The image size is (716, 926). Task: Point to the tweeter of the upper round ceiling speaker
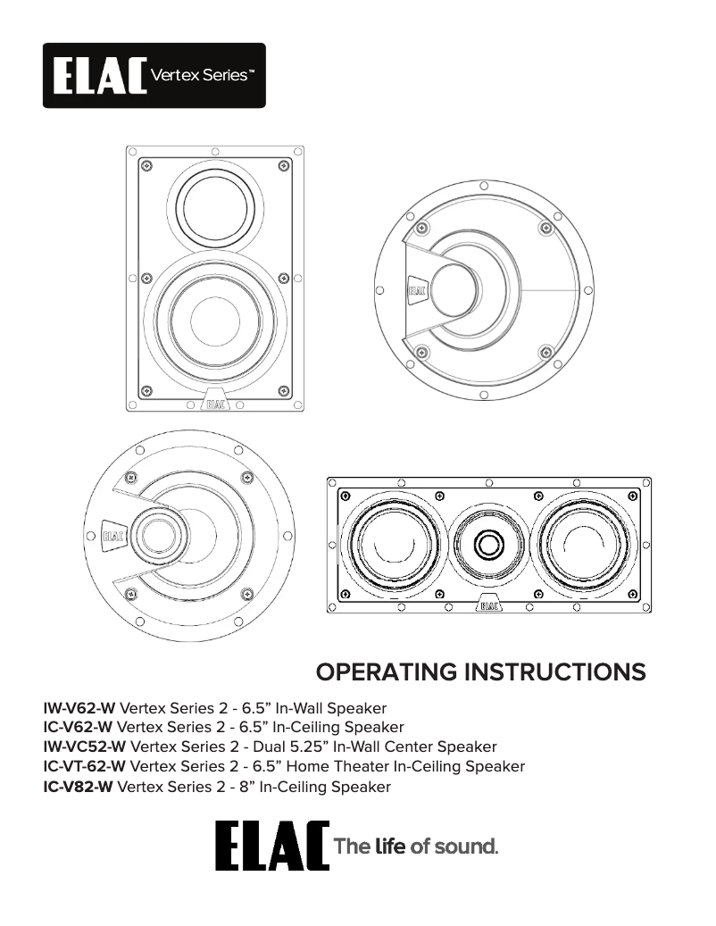tap(456, 290)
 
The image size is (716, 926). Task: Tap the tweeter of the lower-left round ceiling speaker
tap(157, 536)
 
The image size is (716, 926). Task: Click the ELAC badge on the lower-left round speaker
tap(113, 537)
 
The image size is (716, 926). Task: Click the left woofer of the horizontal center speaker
tap(390, 544)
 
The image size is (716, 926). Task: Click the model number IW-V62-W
tap(79, 708)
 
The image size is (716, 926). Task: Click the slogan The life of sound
tap(414, 847)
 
